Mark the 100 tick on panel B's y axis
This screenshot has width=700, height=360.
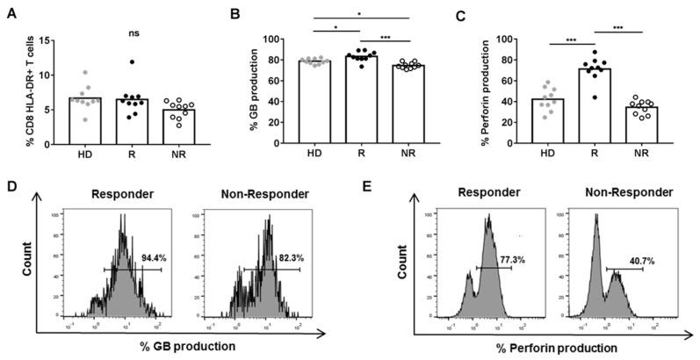[x=271, y=40]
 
